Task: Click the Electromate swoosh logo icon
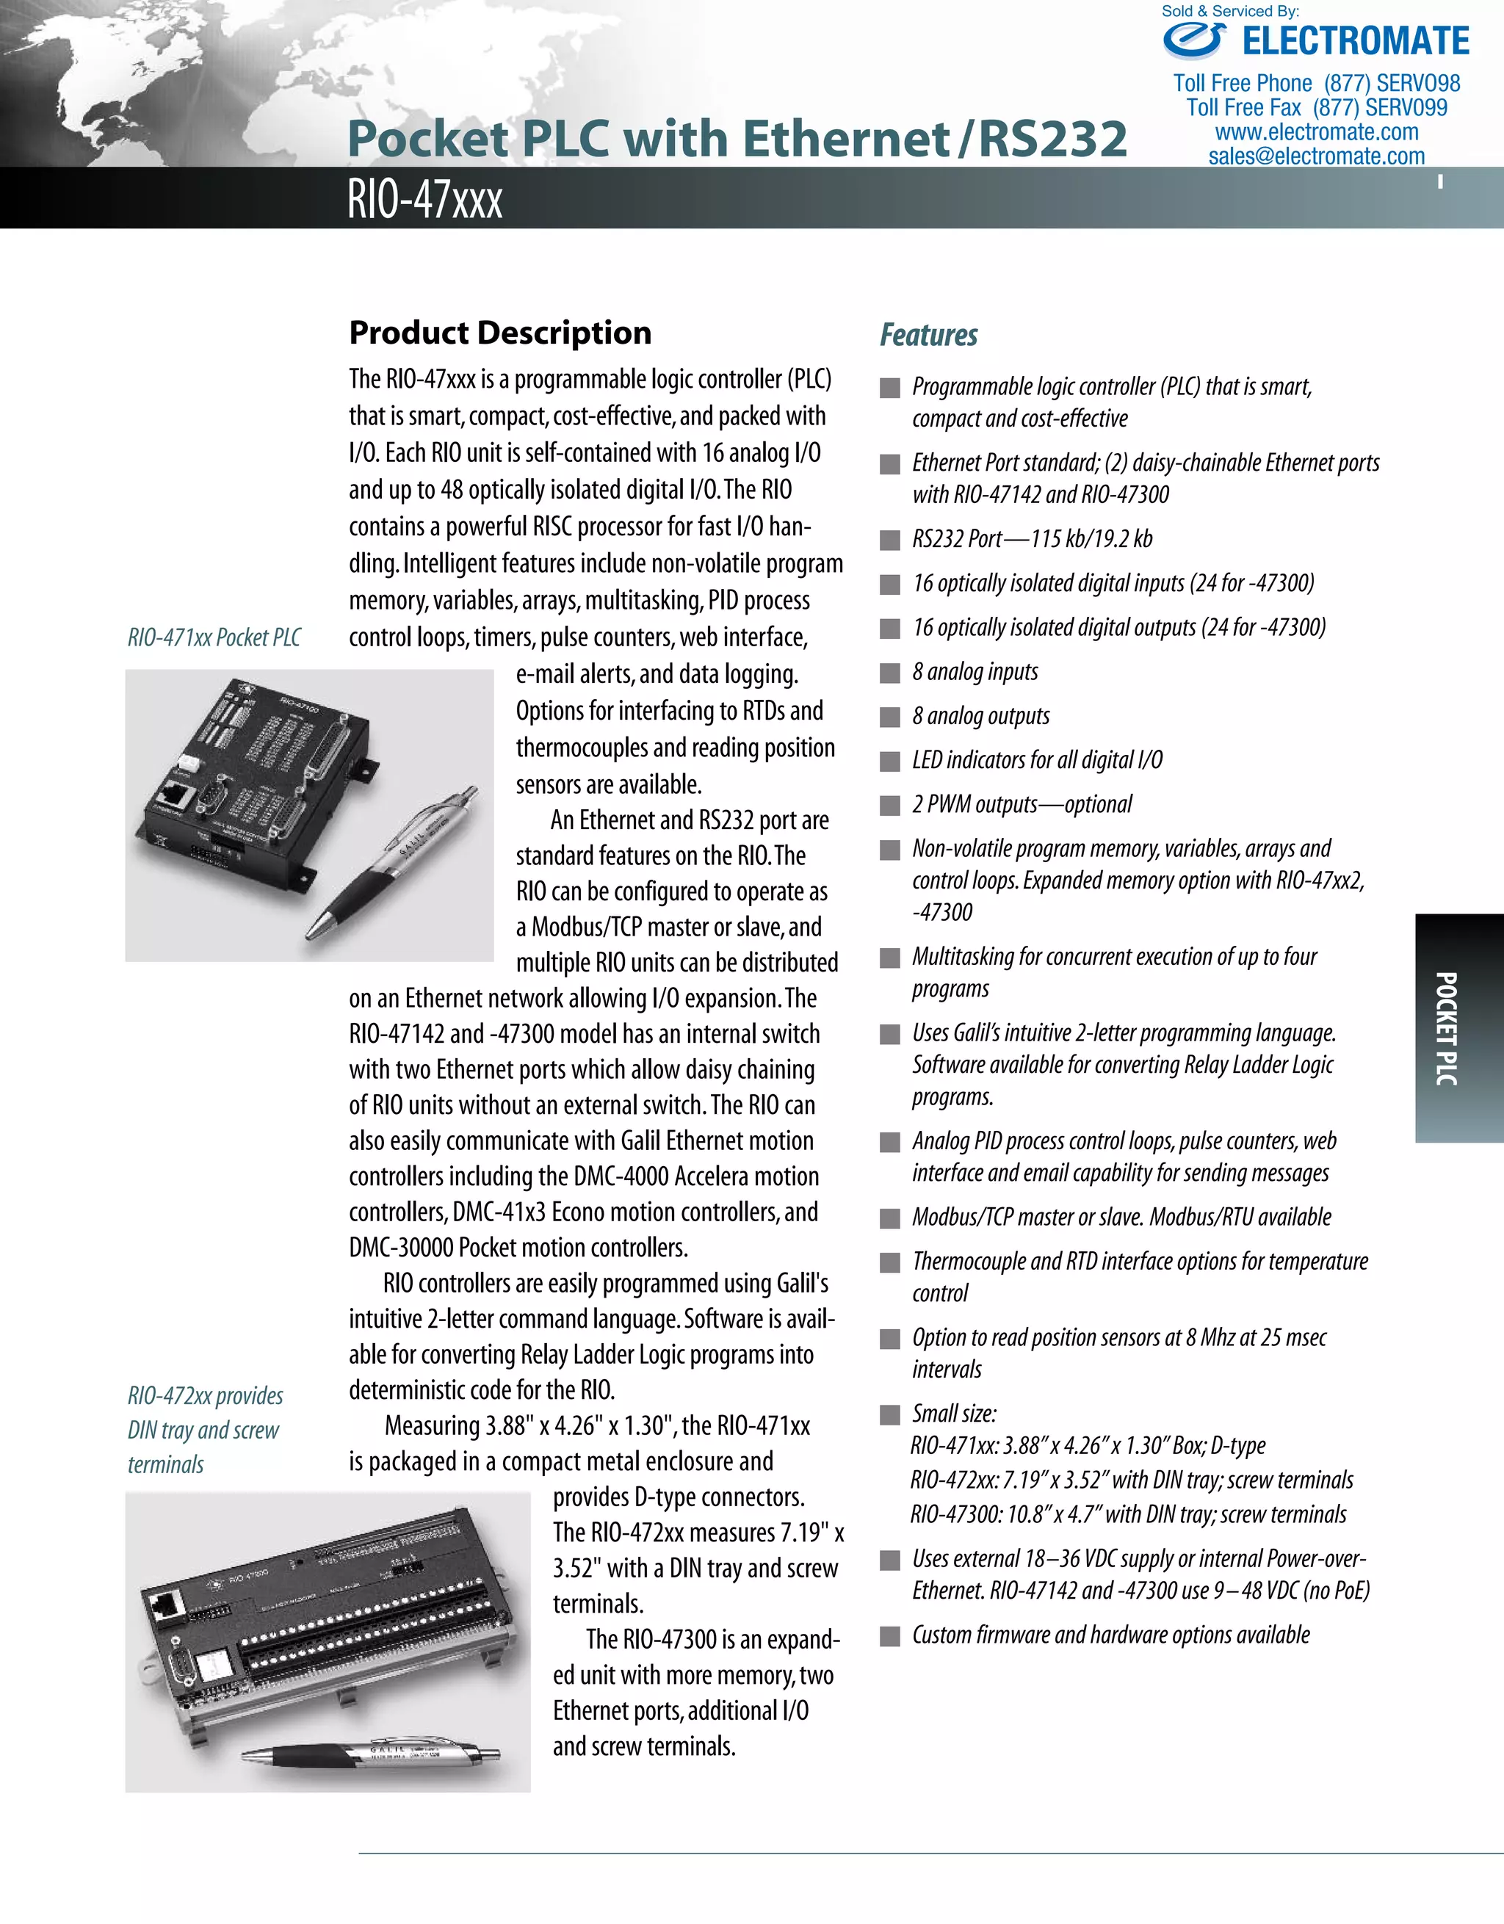[1195, 40]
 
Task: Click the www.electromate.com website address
[1316, 132]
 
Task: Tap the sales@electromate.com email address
[1316, 156]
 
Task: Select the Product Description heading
[499, 333]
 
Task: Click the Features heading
[929, 335]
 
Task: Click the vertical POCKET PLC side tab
[1447, 1028]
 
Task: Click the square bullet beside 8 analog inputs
[891, 673]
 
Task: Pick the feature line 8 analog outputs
[980, 716]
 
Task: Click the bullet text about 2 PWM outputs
[1022, 804]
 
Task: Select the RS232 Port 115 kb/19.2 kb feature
[1032, 538]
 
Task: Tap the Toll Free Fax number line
[1316, 107]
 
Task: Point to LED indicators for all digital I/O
[1037, 759]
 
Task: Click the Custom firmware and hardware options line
[1110, 1635]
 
